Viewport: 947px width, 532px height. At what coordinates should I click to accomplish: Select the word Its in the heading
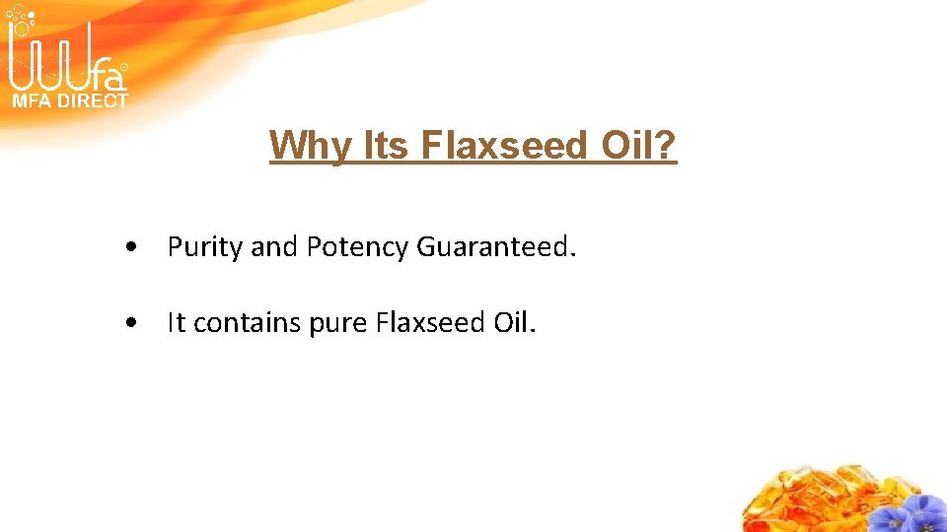(388, 146)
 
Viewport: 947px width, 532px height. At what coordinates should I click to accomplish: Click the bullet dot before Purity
(131, 247)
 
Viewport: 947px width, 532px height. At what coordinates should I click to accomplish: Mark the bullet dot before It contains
(131, 323)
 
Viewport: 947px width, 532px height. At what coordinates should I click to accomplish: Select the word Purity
(205, 247)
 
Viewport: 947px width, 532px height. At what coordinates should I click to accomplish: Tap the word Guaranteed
(494, 246)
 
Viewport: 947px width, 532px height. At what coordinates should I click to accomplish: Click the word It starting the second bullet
(177, 322)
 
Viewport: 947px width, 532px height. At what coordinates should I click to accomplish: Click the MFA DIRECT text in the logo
(69, 100)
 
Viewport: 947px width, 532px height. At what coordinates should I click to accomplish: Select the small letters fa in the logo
(110, 78)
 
